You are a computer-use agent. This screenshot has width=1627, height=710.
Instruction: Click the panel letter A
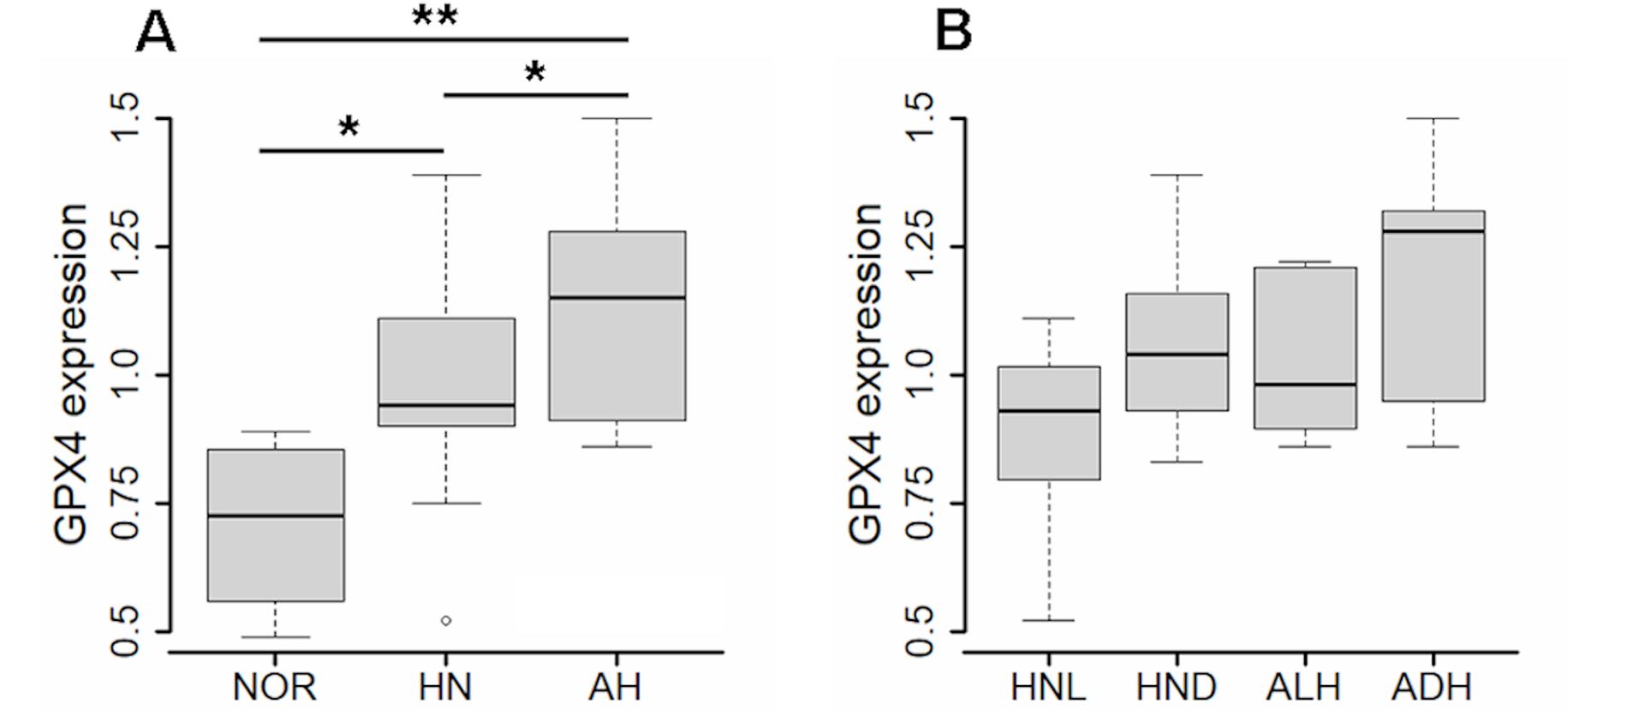(155, 34)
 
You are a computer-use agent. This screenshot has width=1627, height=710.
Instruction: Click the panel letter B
(953, 32)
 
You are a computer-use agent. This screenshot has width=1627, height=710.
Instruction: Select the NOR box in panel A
(276, 525)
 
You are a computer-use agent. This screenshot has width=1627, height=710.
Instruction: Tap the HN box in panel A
(446, 372)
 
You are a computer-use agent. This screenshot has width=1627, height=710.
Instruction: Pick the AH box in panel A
(617, 325)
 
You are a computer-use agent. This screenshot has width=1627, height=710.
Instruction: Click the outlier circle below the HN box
(446, 620)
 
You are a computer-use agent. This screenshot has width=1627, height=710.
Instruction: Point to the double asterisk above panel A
(435, 17)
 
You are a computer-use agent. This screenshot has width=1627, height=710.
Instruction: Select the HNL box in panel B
(1049, 423)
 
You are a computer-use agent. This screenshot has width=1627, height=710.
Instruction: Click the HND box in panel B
(1177, 352)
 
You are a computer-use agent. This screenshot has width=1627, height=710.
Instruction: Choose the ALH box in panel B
(1305, 348)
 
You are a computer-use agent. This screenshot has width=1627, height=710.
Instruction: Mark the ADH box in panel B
(1433, 306)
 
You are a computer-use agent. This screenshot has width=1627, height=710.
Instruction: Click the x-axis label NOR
(275, 687)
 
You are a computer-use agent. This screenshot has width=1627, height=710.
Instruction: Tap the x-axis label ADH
(1432, 687)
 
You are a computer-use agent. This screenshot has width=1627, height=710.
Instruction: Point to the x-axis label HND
(1176, 687)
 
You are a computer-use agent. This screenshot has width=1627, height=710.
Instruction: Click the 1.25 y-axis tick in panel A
(125, 247)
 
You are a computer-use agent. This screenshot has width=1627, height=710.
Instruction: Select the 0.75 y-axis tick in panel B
(920, 504)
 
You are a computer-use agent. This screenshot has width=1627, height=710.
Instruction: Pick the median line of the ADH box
(1433, 230)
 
